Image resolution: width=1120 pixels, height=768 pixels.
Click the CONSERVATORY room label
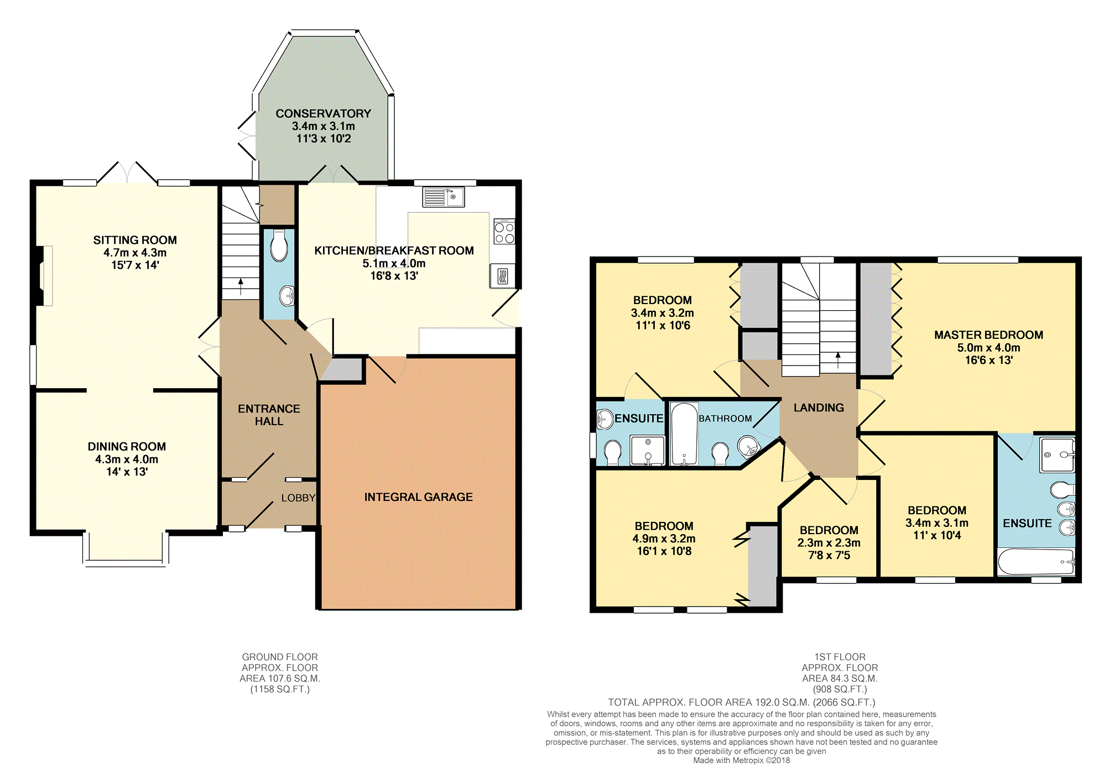point(323,113)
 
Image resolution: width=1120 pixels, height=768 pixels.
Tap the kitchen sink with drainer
point(444,197)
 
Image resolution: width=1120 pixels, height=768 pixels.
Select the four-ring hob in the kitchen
point(504,232)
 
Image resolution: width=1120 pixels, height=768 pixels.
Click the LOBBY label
point(298,498)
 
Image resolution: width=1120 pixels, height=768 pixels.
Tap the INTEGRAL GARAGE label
point(418,497)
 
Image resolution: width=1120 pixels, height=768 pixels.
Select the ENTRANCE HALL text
point(269,415)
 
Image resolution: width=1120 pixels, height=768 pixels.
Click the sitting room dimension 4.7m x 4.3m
point(135,253)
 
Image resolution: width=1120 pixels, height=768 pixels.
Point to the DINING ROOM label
point(127,446)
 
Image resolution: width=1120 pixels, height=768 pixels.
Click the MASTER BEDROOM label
point(988,335)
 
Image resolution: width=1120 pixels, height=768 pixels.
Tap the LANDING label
point(819,407)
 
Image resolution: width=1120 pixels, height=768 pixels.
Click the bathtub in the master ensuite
point(1036,562)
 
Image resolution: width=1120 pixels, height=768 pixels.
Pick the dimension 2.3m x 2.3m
point(829,542)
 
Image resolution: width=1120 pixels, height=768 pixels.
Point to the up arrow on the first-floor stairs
point(838,359)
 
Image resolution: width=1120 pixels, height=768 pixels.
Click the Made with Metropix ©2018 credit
point(741,760)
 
